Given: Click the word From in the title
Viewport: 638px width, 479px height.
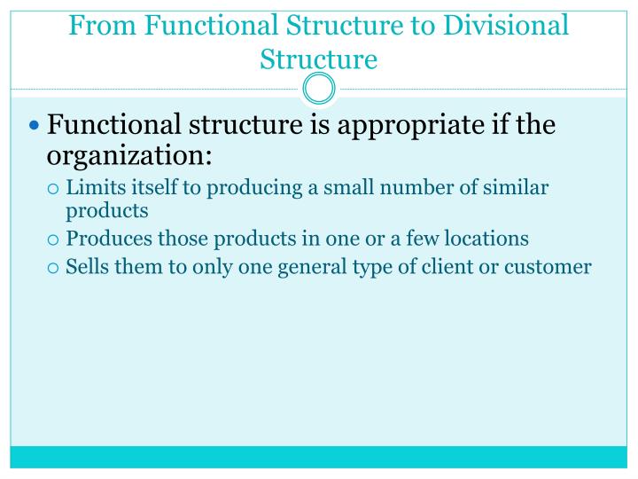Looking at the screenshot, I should point(98,25).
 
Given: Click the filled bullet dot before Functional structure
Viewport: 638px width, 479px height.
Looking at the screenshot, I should point(35,126).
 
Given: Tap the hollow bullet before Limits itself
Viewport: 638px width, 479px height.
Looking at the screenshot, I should point(54,189).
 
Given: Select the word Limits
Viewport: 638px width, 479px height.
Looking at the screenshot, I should point(91,188).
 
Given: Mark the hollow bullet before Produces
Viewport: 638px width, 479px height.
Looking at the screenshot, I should point(54,239).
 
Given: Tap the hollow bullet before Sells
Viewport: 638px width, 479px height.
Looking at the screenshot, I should point(54,266).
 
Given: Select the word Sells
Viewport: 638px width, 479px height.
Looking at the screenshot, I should point(87,265).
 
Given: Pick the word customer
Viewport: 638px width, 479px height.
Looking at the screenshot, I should point(548,266).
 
